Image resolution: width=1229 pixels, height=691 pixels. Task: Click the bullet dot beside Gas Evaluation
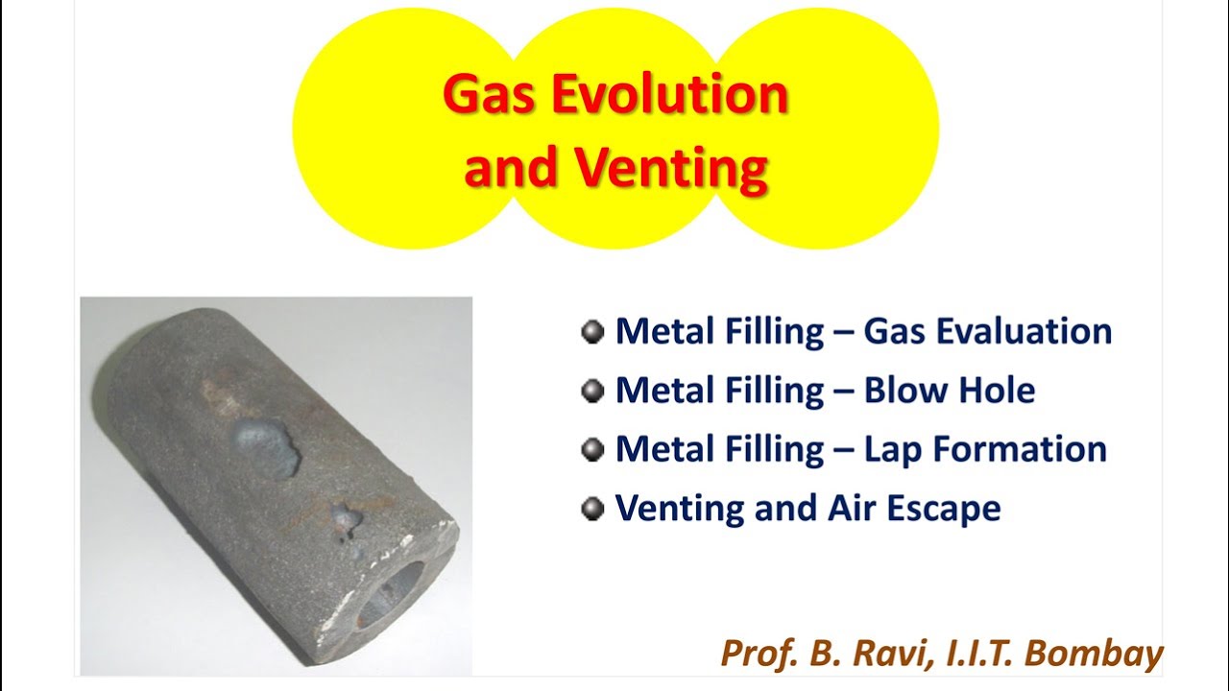(x=592, y=332)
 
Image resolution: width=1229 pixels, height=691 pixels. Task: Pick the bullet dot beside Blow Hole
(x=592, y=391)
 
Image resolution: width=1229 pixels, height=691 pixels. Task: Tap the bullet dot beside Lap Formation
(x=592, y=449)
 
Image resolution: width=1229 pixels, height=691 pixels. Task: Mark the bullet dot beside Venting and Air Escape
(x=592, y=508)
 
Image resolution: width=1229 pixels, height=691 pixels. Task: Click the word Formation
(x=1020, y=449)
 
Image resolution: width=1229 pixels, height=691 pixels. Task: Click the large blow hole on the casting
(x=266, y=446)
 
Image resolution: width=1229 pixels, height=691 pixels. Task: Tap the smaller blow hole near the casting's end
(x=344, y=521)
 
